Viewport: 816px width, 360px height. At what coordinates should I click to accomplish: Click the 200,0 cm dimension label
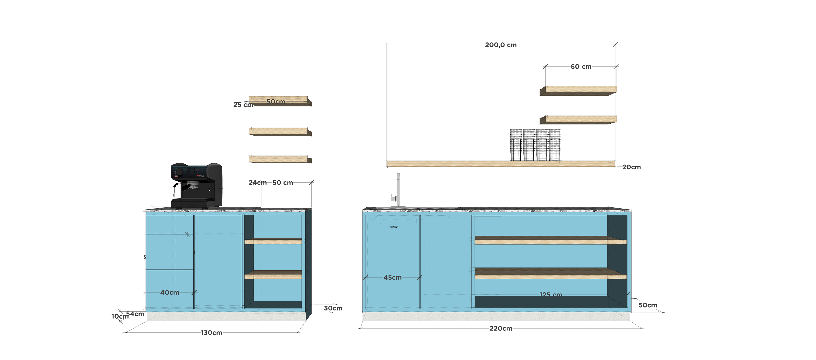tap(500, 45)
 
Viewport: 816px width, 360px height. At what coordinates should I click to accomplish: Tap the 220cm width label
tap(500, 328)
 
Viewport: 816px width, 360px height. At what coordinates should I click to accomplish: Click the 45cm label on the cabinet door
tap(392, 278)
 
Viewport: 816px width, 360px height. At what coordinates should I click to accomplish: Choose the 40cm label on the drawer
tap(170, 292)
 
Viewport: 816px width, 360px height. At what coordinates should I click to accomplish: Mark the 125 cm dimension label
tap(551, 294)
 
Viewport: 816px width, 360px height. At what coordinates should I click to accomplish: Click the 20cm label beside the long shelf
tap(631, 167)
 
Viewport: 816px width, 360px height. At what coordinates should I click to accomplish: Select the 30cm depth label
tap(333, 308)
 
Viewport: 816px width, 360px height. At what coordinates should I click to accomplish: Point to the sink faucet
tap(397, 190)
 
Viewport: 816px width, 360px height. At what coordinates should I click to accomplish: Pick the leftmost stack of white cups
tap(516, 145)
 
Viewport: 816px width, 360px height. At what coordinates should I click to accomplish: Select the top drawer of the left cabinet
tap(170, 224)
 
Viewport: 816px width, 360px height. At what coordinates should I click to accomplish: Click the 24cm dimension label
tap(257, 183)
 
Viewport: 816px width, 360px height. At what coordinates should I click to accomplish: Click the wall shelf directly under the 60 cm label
tap(578, 90)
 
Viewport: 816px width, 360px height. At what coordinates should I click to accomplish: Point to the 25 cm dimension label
tap(243, 105)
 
